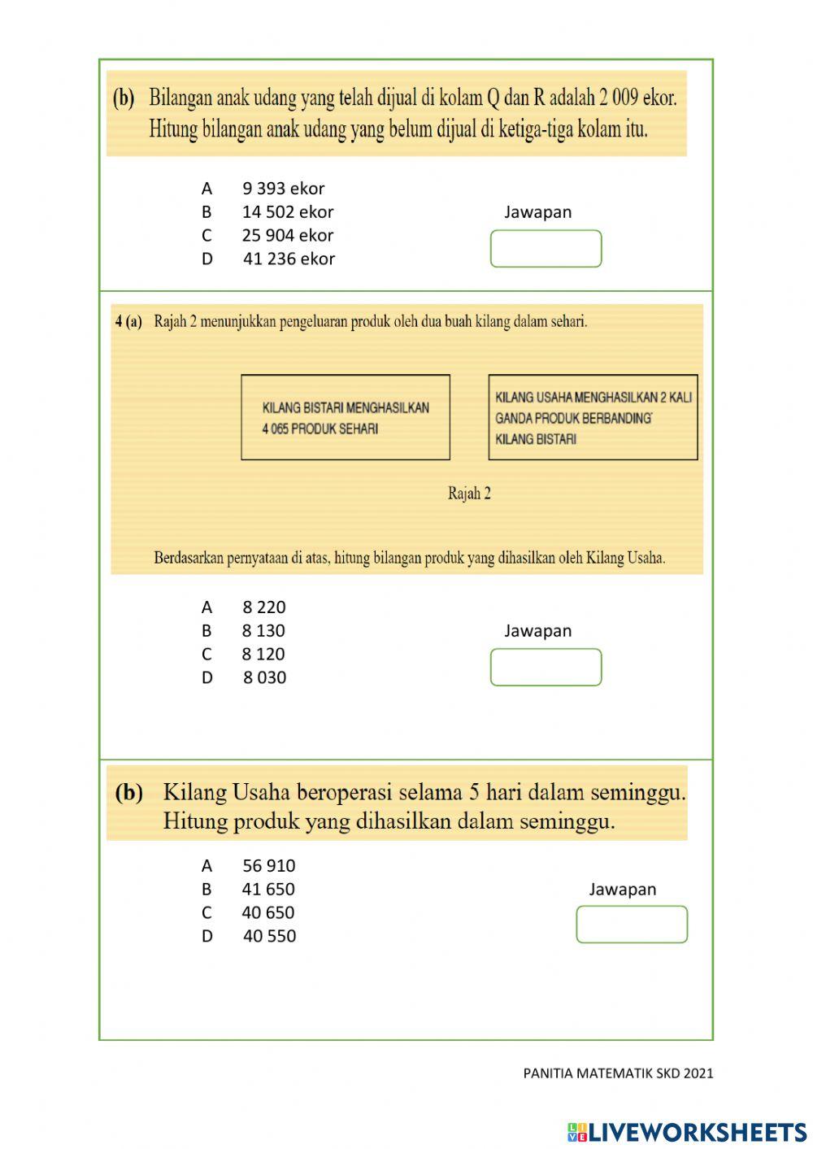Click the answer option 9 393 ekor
coord(283,189)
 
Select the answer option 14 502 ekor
coord(287,212)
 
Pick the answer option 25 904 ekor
coord(287,236)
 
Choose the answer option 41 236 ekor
coord(289,259)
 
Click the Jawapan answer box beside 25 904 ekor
coord(546,249)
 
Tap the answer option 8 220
coord(263,607)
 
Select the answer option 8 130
coord(263,631)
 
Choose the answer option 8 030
coord(264,678)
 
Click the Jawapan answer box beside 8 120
coord(546,668)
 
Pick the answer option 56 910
coord(268,866)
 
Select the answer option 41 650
coord(267,890)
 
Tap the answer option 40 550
coord(269,937)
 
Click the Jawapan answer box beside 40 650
coord(632,925)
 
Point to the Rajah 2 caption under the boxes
coord(469,494)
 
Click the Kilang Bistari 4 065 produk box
coord(346,418)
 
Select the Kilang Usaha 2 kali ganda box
coord(593,418)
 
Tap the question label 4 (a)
coord(128,322)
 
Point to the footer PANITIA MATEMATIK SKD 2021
coord(618,1073)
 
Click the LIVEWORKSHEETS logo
coord(687,1132)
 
